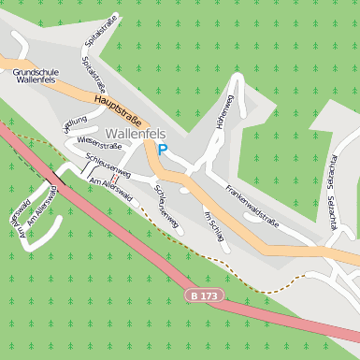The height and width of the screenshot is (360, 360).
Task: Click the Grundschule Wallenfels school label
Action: [x=38, y=75]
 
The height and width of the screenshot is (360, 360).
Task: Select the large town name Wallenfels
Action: [x=136, y=134]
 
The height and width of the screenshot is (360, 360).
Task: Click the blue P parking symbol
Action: [x=163, y=149]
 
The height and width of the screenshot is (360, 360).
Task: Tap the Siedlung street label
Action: [x=75, y=124]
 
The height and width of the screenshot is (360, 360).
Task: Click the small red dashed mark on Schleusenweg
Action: [x=113, y=177]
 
